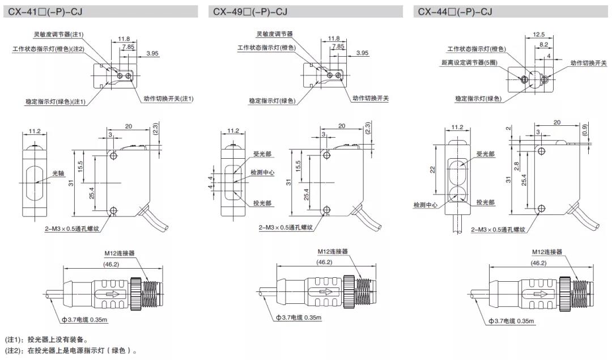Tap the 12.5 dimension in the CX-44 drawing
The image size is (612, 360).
tap(538, 35)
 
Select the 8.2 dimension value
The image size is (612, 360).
tap(543, 44)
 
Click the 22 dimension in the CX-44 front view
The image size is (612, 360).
tap(432, 169)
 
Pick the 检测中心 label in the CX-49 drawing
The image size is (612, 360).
tap(263, 172)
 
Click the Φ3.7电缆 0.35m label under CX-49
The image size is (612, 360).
tap(299, 317)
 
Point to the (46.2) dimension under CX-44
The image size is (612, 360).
tap(538, 262)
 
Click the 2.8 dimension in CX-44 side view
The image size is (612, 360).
tap(517, 166)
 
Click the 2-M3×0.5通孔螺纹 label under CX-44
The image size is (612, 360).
tap(498, 230)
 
